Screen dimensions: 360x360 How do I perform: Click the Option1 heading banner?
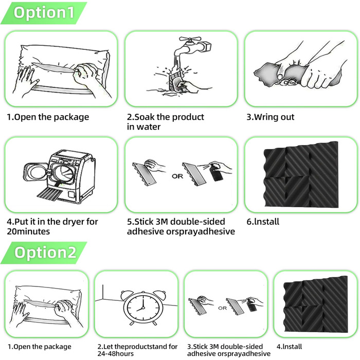[x=44, y=13]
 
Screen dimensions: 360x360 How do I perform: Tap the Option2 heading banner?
[x=44, y=253]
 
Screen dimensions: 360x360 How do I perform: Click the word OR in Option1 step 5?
[x=177, y=176]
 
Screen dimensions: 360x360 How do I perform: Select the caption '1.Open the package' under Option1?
[x=48, y=117]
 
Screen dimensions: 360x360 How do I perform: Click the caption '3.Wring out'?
[x=270, y=117]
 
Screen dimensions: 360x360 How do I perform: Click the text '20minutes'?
[x=28, y=231]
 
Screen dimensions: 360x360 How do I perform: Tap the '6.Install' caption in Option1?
[x=263, y=222]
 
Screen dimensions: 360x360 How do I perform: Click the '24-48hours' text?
[x=116, y=353]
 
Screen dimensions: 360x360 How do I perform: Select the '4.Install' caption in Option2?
[x=289, y=347]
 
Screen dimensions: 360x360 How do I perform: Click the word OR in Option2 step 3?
[x=222, y=308]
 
